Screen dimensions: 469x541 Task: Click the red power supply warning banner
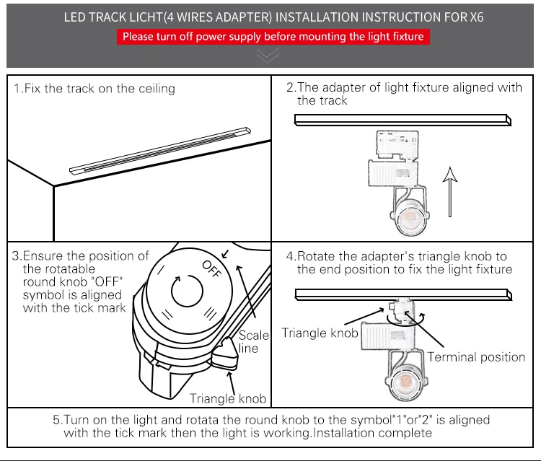[x=273, y=37]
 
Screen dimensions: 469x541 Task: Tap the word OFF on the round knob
[x=212, y=268]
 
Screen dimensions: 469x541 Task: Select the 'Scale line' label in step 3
[x=253, y=341]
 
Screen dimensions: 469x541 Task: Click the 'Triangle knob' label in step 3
[x=228, y=398]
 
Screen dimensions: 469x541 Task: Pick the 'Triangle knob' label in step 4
[x=319, y=333]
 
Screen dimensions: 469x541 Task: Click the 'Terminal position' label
[x=476, y=356]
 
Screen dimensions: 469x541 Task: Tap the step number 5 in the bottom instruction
[x=56, y=419]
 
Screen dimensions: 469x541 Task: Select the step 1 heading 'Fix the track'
[x=94, y=89]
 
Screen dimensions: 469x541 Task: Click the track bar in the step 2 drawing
[x=403, y=120]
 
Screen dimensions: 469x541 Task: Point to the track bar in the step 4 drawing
[x=403, y=294]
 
